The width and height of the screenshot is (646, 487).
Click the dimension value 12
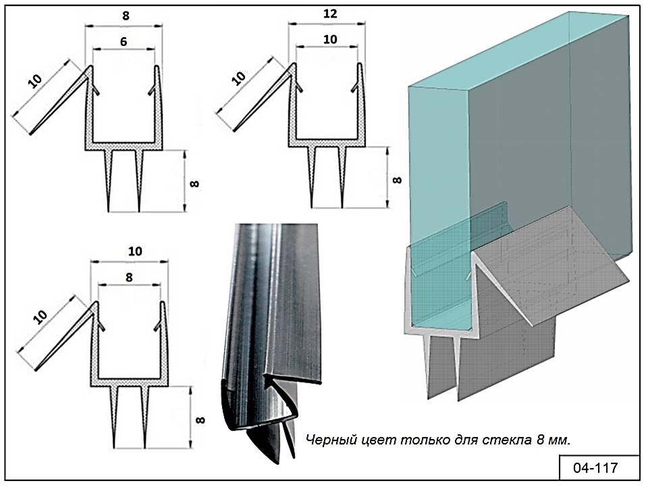pos(331,13)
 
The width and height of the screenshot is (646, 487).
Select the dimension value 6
pos(124,41)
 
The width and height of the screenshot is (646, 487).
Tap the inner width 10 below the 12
pos(330,39)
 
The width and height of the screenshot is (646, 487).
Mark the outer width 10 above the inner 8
pos(135,251)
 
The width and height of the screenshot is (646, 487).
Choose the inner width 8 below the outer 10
pos(128,276)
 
